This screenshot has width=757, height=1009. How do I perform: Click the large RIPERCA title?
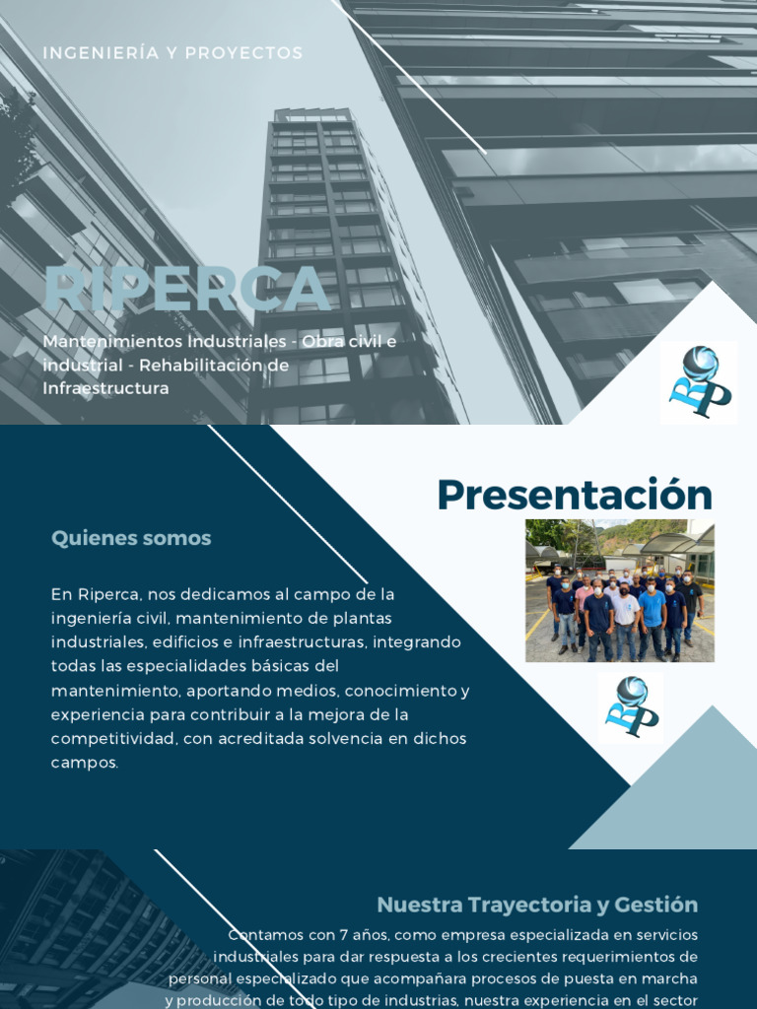(186, 290)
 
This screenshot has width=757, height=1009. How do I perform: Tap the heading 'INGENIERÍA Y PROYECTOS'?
(172, 53)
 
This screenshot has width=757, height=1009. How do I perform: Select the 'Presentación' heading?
(575, 495)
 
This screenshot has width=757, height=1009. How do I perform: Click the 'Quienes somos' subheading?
(131, 538)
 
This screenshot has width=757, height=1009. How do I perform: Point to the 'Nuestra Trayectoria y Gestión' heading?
(537, 905)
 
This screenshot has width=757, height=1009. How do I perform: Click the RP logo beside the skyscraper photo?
(699, 382)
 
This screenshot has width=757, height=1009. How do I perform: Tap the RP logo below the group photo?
(630, 706)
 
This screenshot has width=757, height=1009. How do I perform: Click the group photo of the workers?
(619, 590)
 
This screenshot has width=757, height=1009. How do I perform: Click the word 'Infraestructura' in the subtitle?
(105, 388)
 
